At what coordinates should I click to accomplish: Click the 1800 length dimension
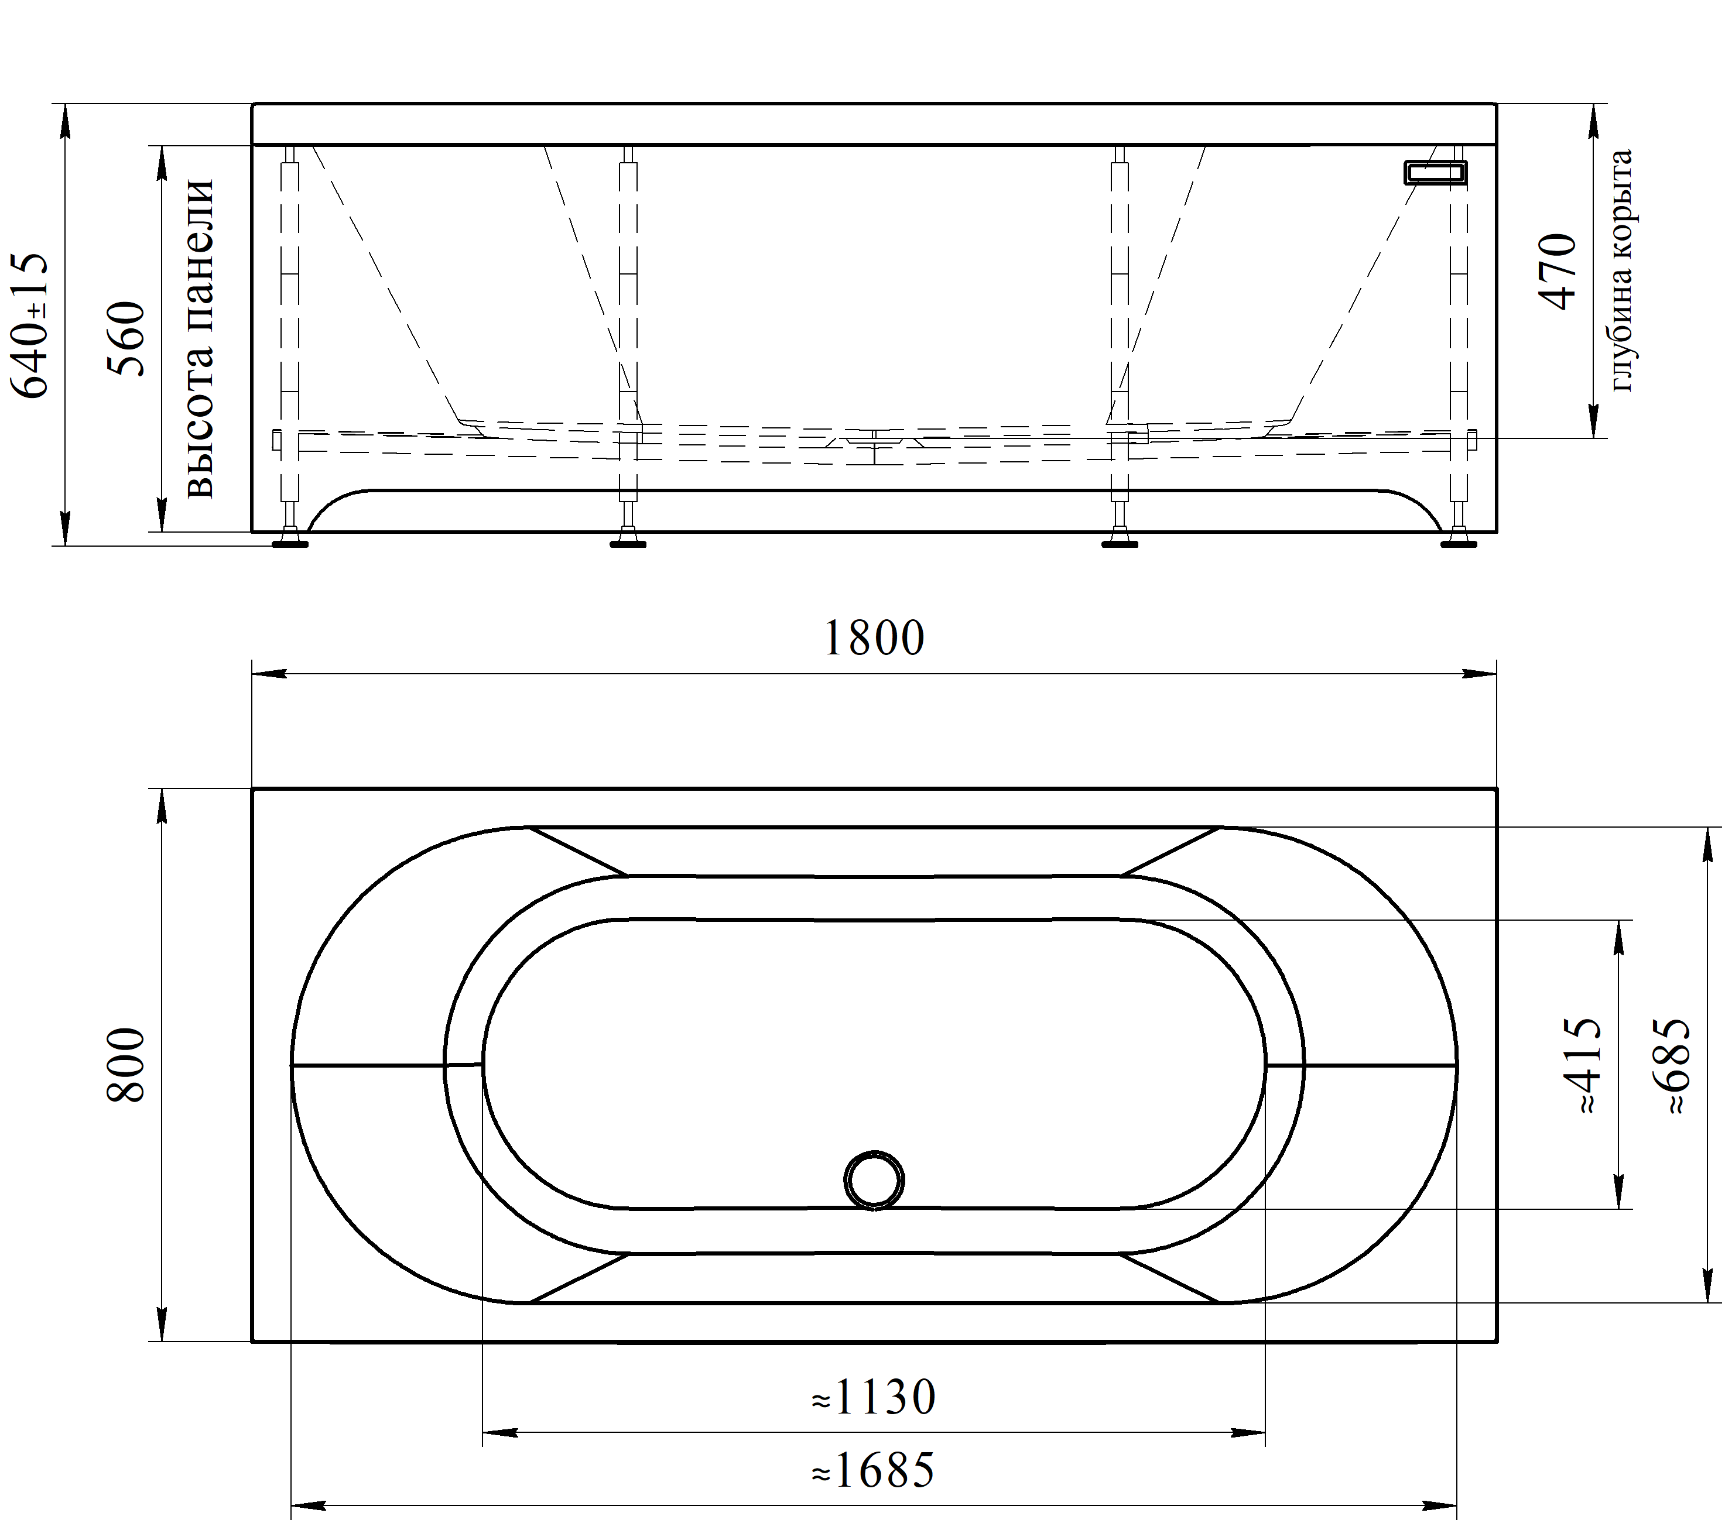[874, 639]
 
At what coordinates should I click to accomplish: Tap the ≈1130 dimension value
[874, 1398]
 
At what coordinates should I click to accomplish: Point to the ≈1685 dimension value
[874, 1471]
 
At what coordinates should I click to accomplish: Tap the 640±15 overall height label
[30, 325]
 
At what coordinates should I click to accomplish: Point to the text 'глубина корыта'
[1621, 270]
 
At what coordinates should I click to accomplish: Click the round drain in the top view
[874, 1179]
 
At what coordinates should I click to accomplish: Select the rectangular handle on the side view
[1436, 172]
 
